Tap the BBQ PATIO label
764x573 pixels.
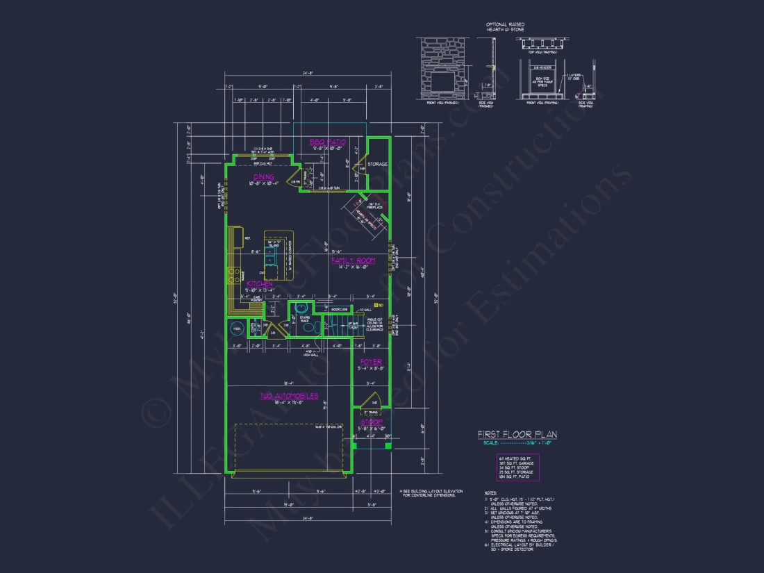point(328,142)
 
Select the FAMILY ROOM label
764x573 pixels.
point(352,260)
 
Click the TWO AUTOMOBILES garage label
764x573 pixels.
point(290,396)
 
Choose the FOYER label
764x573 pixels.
point(371,362)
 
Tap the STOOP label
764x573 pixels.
point(371,421)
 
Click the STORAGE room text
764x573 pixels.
point(378,164)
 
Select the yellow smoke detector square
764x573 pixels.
point(375,305)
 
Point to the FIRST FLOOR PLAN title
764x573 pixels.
point(517,435)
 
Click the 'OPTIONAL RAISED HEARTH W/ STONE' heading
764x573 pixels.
point(505,27)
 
